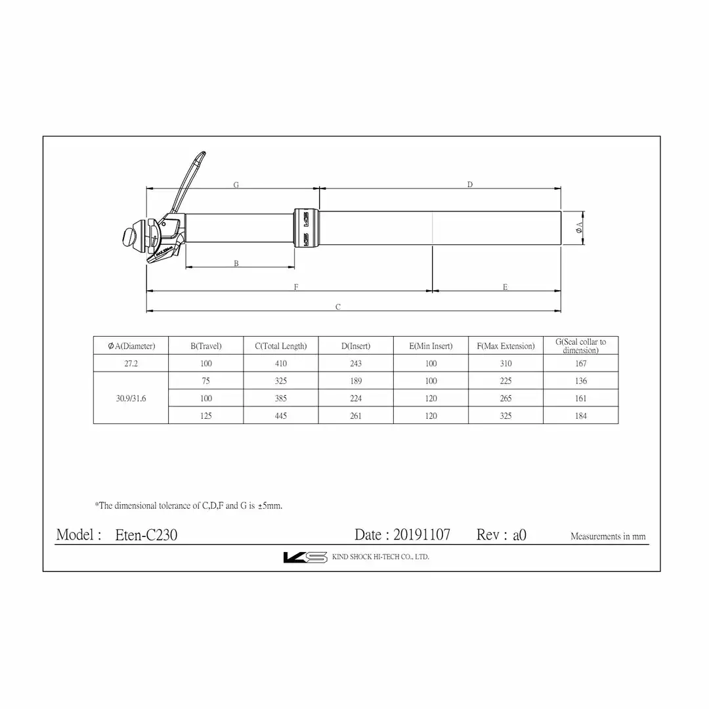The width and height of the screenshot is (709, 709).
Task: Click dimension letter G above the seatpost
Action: point(236,184)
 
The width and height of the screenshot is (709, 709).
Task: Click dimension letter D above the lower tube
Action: point(470,184)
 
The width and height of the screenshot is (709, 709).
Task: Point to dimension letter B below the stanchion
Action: point(236,263)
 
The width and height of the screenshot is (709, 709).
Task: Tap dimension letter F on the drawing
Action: point(296,287)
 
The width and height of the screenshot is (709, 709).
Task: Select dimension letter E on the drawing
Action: point(505,287)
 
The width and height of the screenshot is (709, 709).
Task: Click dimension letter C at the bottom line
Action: point(338,307)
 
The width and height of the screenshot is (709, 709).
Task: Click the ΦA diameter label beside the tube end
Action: point(579,227)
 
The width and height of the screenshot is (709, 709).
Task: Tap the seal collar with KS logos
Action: point(307,228)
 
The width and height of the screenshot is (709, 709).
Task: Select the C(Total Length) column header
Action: point(281,346)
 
